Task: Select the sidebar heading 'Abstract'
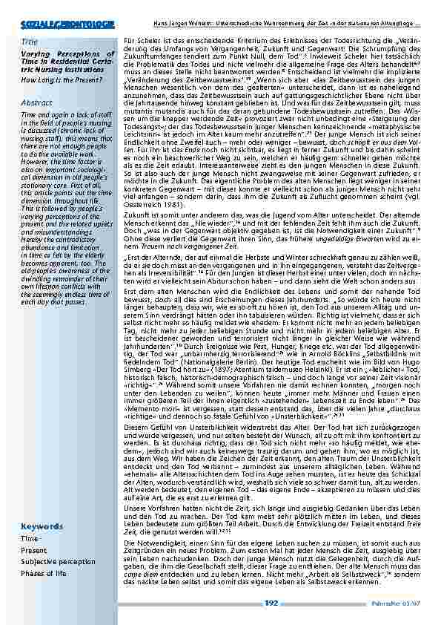pos(36,103)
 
